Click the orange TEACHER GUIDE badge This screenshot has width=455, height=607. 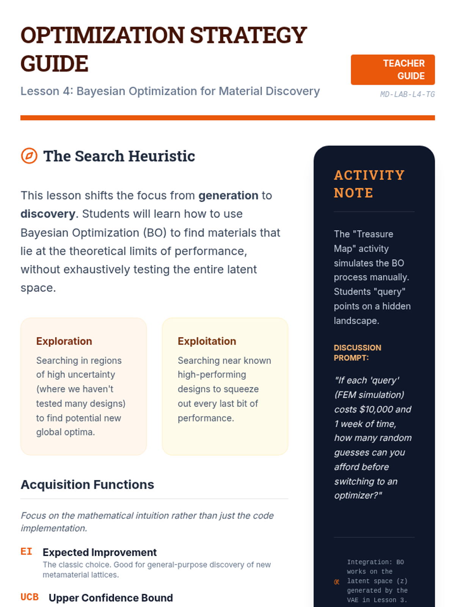(392, 69)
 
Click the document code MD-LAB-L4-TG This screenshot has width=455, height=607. (407, 94)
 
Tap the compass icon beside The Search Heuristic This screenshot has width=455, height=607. (29, 156)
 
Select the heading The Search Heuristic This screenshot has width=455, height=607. (119, 156)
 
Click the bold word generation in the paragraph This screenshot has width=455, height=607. (228, 195)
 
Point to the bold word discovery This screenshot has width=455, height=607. (48, 214)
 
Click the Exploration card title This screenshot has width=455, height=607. (64, 341)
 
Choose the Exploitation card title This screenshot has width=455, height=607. (207, 341)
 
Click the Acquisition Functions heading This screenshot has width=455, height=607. (87, 484)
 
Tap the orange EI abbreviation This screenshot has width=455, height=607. (26, 552)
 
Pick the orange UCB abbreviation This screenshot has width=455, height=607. (30, 597)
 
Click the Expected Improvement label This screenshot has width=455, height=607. (99, 552)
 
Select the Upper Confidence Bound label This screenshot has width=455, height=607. (111, 598)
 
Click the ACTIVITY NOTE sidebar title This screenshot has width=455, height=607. (369, 184)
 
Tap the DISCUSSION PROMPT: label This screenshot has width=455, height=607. (357, 352)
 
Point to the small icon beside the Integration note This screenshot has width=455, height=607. (337, 582)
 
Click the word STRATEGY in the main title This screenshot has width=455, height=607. (248, 35)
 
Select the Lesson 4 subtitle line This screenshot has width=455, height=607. (170, 91)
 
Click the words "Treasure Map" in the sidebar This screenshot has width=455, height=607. (364, 241)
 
